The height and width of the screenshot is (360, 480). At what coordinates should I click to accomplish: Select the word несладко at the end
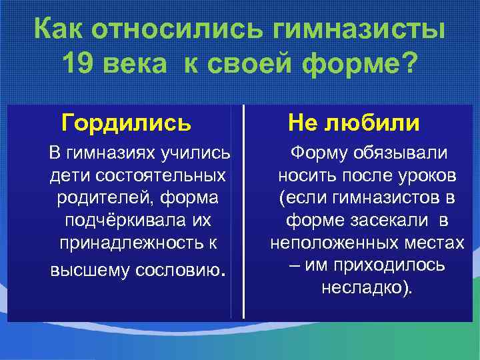pyautogui.click(x=363, y=288)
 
